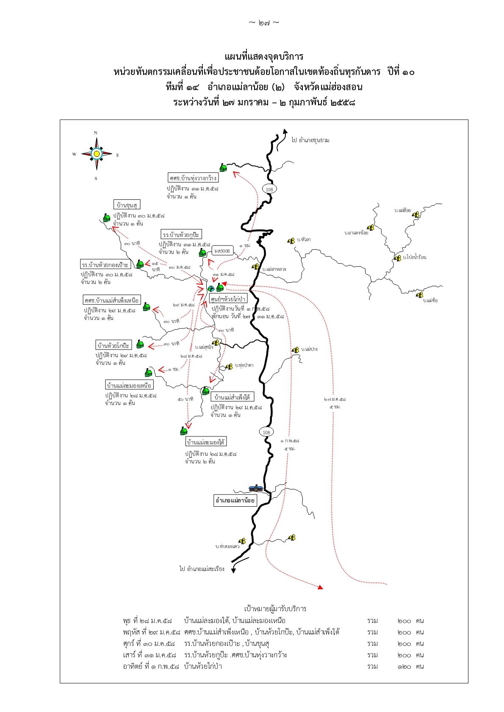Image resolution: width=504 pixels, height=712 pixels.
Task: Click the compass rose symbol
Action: [x=97, y=154]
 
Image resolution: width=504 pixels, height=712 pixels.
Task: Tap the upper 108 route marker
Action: [x=269, y=189]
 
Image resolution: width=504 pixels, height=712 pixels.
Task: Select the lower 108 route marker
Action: [x=266, y=432]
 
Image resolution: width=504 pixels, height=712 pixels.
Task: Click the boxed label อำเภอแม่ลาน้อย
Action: [x=235, y=500]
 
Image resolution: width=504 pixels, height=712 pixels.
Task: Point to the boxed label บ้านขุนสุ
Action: [x=127, y=205]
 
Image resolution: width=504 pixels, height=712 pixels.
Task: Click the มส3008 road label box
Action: [x=222, y=251]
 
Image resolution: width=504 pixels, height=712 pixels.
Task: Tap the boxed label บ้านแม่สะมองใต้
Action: [x=206, y=442]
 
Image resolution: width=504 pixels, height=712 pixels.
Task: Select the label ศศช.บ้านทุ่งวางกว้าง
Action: [x=193, y=178]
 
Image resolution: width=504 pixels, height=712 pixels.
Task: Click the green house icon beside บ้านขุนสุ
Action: [x=107, y=218]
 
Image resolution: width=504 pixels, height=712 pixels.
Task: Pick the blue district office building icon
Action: [x=255, y=488]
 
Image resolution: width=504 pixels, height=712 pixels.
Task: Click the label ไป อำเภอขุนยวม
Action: [x=310, y=140]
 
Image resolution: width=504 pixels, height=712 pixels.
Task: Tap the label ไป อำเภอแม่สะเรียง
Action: [x=202, y=568]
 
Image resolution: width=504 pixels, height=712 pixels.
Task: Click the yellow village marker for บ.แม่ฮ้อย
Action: [x=416, y=215]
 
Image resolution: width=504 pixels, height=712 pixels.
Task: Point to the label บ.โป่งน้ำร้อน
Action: [x=415, y=257]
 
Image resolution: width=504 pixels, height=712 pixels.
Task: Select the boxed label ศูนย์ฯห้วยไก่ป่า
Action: [x=228, y=299]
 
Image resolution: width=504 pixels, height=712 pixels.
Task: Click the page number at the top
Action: [x=264, y=23]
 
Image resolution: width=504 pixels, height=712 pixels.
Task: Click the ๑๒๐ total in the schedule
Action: [x=404, y=666]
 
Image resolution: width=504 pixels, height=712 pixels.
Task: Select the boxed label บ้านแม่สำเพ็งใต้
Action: [x=233, y=397]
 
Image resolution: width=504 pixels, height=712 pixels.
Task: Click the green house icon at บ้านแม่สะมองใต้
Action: [x=183, y=431]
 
